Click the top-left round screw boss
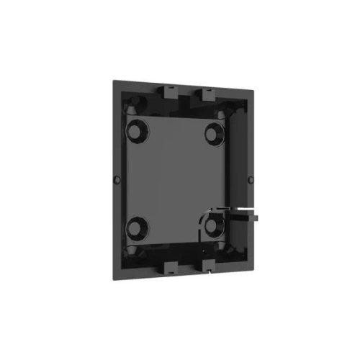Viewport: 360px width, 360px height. tap(136, 132)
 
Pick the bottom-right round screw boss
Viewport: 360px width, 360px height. tap(214, 225)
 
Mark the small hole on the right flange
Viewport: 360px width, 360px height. tap(250, 178)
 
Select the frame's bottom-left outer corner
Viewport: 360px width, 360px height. tap(110, 274)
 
